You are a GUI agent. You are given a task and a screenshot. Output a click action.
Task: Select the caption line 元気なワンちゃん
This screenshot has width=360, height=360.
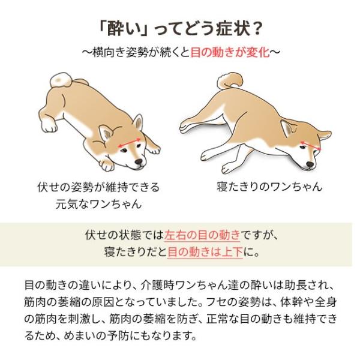click(97, 204)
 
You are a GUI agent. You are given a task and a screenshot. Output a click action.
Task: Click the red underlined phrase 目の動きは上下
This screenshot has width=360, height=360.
click(205, 251)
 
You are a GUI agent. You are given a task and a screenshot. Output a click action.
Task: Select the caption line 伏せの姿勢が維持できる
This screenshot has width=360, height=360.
click(97, 187)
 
